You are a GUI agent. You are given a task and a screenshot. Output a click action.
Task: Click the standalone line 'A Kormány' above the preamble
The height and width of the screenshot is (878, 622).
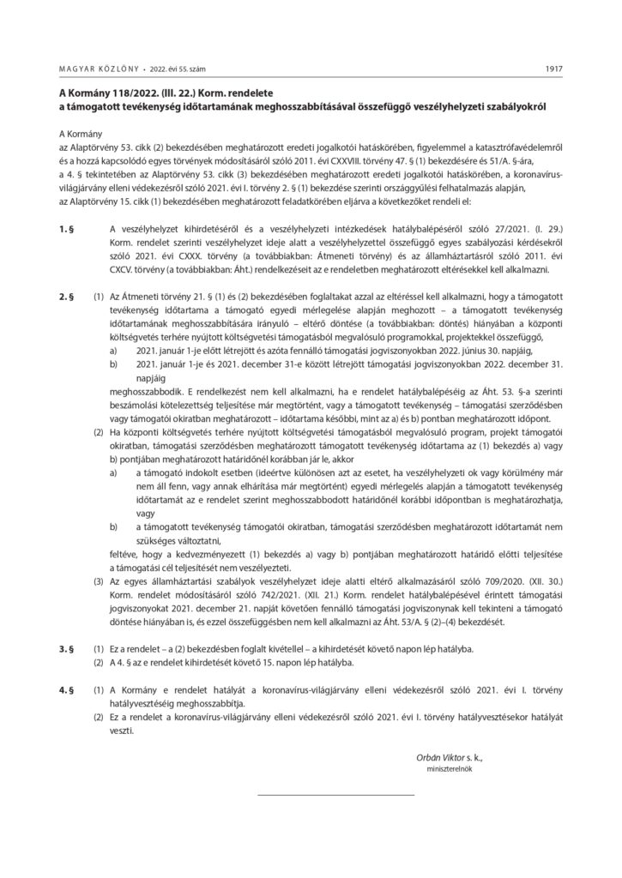tap(80, 135)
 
